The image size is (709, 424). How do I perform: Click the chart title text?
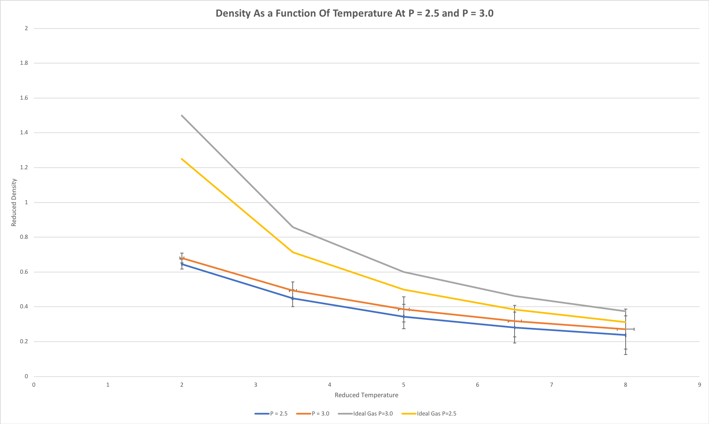tap(354, 13)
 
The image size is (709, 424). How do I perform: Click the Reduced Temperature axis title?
tap(366, 395)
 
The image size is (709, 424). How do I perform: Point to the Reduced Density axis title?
tap(14, 203)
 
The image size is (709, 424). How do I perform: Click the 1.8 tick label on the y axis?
tap(24, 63)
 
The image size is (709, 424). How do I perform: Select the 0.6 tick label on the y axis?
tap(24, 272)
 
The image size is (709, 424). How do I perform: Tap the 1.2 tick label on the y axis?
tap(24, 168)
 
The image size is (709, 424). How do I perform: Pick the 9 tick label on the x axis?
tap(699, 385)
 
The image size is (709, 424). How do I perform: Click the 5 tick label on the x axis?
tap(403, 385)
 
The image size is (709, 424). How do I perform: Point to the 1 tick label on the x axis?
tap(108, 385)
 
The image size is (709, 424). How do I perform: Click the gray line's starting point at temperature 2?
tap(182, 115)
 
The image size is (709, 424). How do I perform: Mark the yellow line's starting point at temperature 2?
tap(182, 159)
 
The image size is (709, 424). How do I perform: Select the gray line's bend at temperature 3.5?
tap(293, 227)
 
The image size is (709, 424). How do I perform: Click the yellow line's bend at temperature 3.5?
tap(293, 252)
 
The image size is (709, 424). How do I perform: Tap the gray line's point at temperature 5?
tap(404, 272)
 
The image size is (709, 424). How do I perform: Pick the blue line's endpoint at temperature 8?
tap(625, 335)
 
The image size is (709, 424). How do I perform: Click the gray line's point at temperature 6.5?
tap(515, 296)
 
